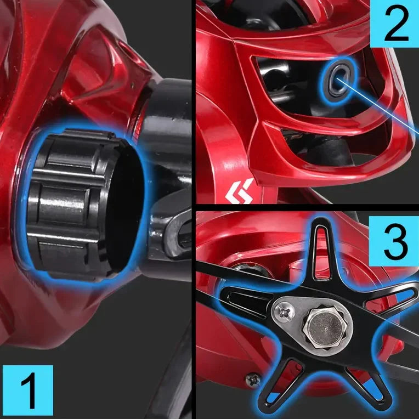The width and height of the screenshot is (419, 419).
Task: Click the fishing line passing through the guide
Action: tap(384, 110)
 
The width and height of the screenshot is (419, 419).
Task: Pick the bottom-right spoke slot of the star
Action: tap(362, 378)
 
